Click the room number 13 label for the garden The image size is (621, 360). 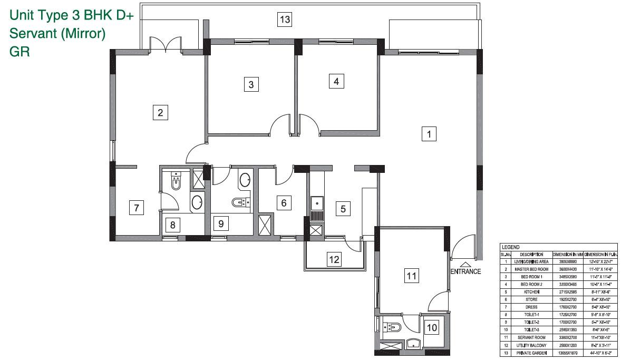285,20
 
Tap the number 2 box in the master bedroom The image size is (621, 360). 160,112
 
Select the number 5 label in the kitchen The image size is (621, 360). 343,209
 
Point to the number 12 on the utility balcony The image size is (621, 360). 334,259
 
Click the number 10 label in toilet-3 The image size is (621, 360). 432,327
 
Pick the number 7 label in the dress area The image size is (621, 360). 137,208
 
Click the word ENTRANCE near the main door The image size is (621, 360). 465,272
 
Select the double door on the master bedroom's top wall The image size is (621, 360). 166,45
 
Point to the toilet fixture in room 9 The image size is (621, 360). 241,202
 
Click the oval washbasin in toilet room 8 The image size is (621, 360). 197,203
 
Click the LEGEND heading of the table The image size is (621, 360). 510,247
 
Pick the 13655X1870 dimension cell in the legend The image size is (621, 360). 567,353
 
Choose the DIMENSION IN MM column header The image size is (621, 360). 567,255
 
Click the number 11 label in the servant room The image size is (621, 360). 411,275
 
